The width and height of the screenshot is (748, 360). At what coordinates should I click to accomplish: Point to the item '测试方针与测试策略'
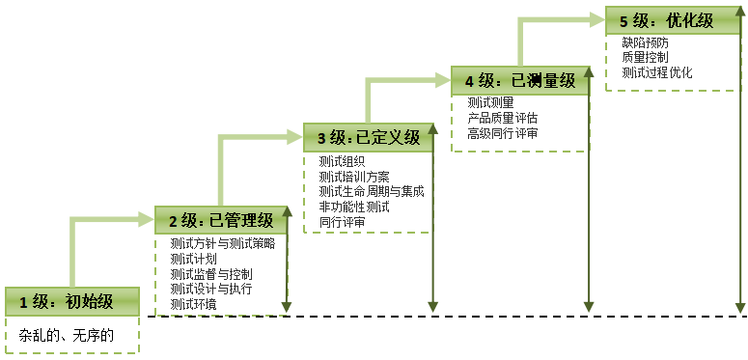(x=222, y=243)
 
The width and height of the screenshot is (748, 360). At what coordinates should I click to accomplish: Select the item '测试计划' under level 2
(x=193, y=259)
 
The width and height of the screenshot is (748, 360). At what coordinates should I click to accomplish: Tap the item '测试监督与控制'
(x=210, y=274)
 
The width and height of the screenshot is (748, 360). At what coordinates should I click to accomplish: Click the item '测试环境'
(x=193, y=304)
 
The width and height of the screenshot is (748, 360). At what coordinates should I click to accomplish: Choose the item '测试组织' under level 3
(x=342, y=161)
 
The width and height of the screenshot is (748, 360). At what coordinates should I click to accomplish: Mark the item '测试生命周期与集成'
(x=371, y=191)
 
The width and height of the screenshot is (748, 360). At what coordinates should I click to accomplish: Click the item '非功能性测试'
(x=354, y=207)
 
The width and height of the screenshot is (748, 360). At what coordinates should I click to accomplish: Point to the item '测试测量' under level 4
(x=490, y=102)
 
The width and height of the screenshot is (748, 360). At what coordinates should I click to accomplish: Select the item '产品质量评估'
(x=502, y=118)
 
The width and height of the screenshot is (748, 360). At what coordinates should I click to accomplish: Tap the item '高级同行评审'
(x=502, y=133)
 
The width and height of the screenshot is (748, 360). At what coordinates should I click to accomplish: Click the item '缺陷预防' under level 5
(x=645, y=42)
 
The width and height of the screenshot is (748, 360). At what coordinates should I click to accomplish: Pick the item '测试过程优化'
(x=656, y=72)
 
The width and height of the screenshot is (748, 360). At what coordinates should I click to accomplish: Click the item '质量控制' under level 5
(x=645, y=58)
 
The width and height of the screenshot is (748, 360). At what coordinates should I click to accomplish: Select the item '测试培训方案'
(x=354, y=177)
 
